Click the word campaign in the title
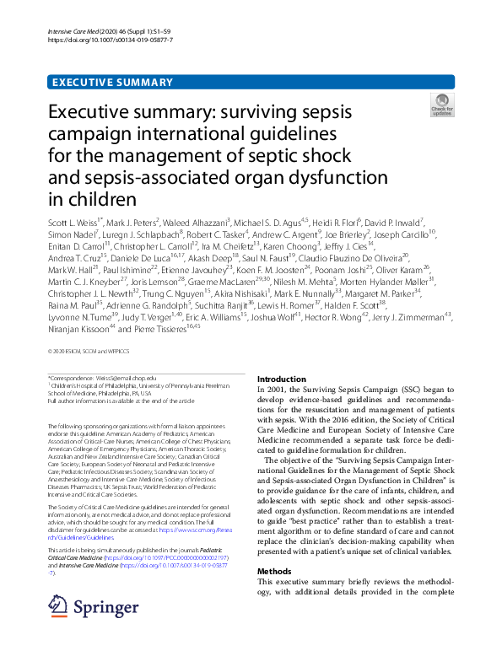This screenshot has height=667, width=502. pyautogui.click(x=143, y=134)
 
